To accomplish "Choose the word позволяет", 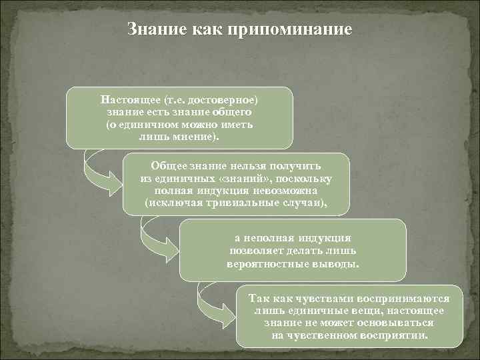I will click(x=256, y=250).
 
